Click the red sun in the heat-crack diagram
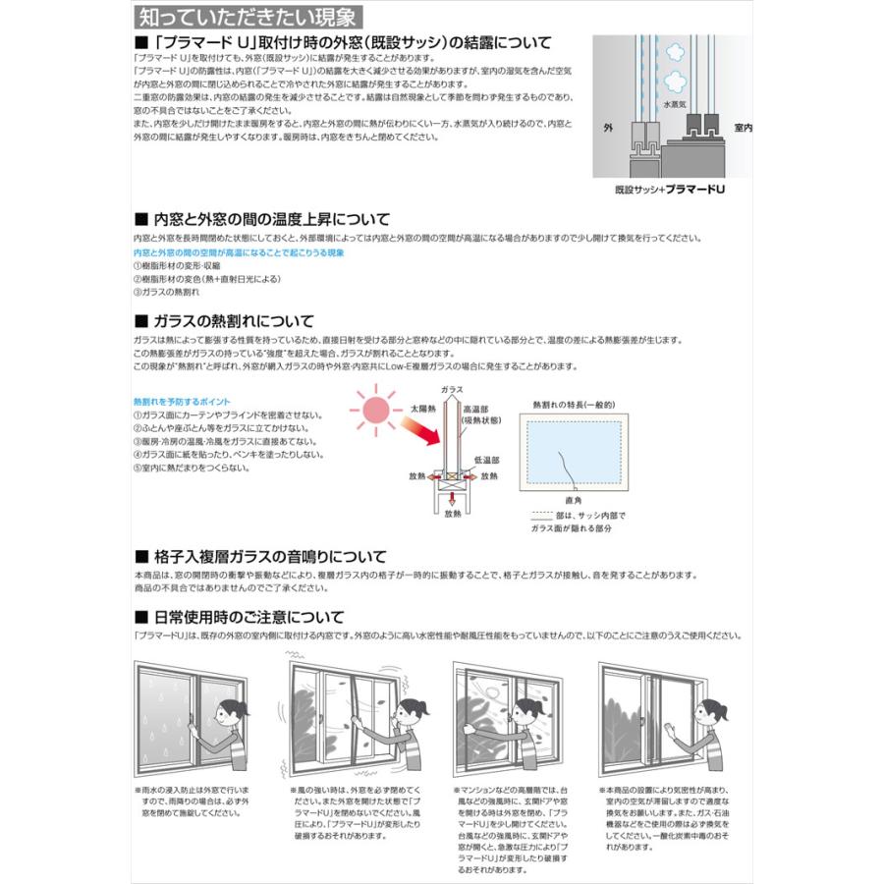coord(376,409)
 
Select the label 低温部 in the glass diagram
coord(488,460)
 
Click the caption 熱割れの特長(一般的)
coord(574,403)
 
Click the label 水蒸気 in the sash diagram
coord(674,102)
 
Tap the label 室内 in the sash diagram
coord(744,128)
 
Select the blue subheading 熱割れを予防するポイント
coord(182,403)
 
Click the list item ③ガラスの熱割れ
coord(166,292)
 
